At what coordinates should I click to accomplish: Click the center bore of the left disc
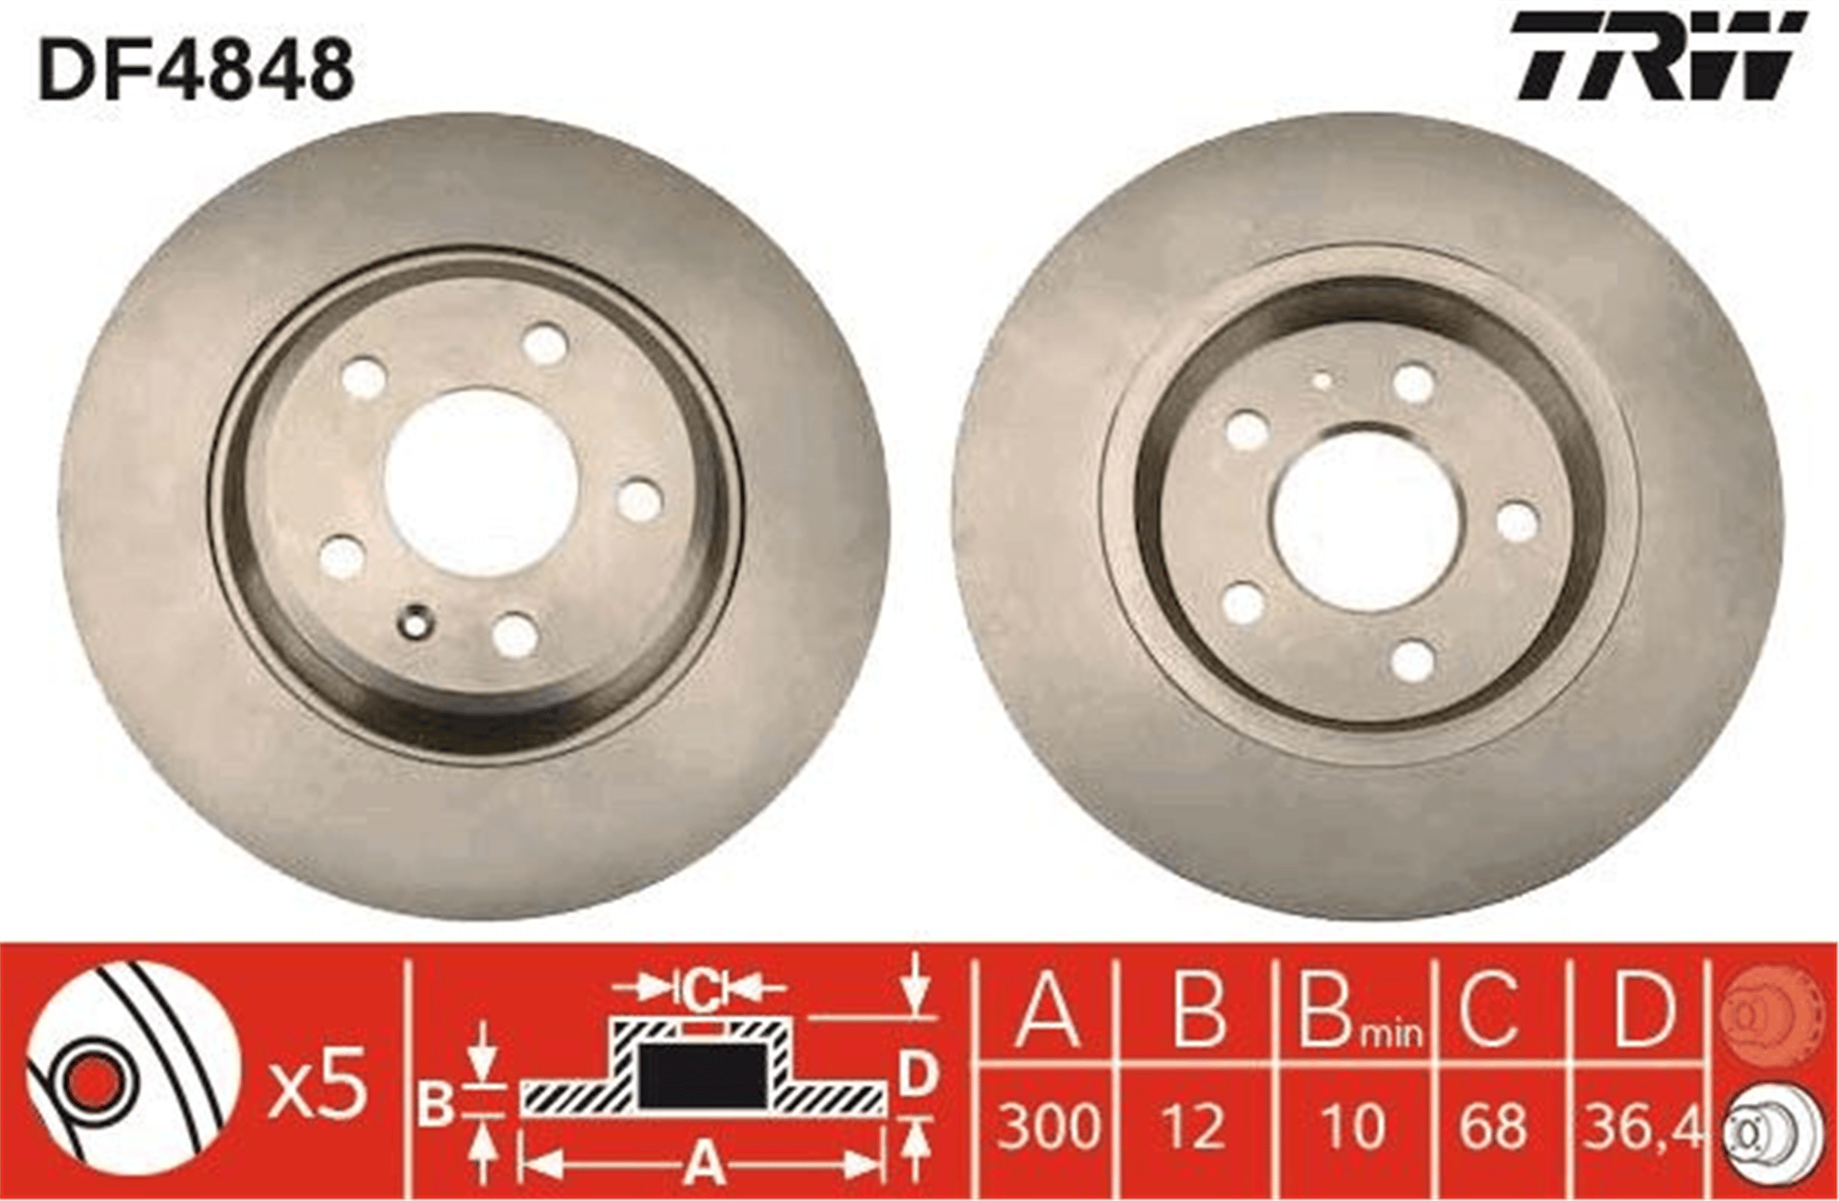click(479, 482)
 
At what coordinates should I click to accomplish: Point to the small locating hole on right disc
click(1323, 380)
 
